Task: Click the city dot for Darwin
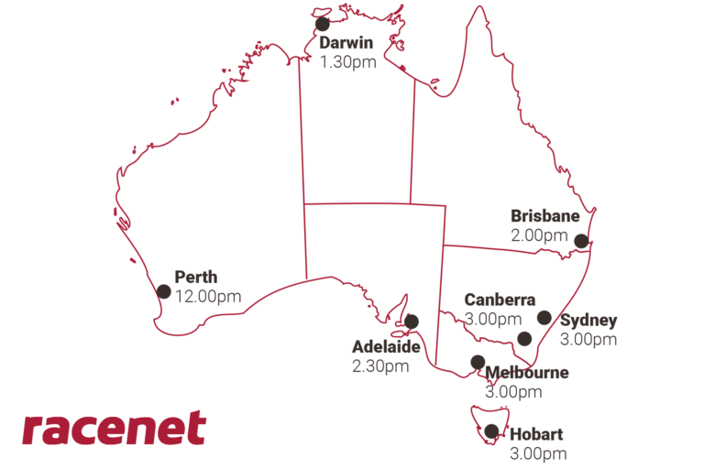tap(322, 25)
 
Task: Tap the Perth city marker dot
tap(164, 291)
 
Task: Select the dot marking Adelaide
tap(411, 322)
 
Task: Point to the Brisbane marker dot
tap(580, 241)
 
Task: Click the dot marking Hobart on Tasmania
tap(492, 431)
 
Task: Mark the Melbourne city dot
tap(478, 362)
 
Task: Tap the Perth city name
tap(196, 278)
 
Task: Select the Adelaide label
tap(386, 347)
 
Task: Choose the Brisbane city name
tap(544, 217)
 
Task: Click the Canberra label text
tap(500, 300)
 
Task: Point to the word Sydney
tap(588, 321)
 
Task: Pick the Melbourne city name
tap(526, 373)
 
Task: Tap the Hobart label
tap(536, 434)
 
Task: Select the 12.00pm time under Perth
tap(208, 296)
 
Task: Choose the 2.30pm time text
tap(379, 366)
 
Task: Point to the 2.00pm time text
tap(539, 235)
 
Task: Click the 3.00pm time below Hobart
tap(538, 453)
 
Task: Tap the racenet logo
tap(114, 429)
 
